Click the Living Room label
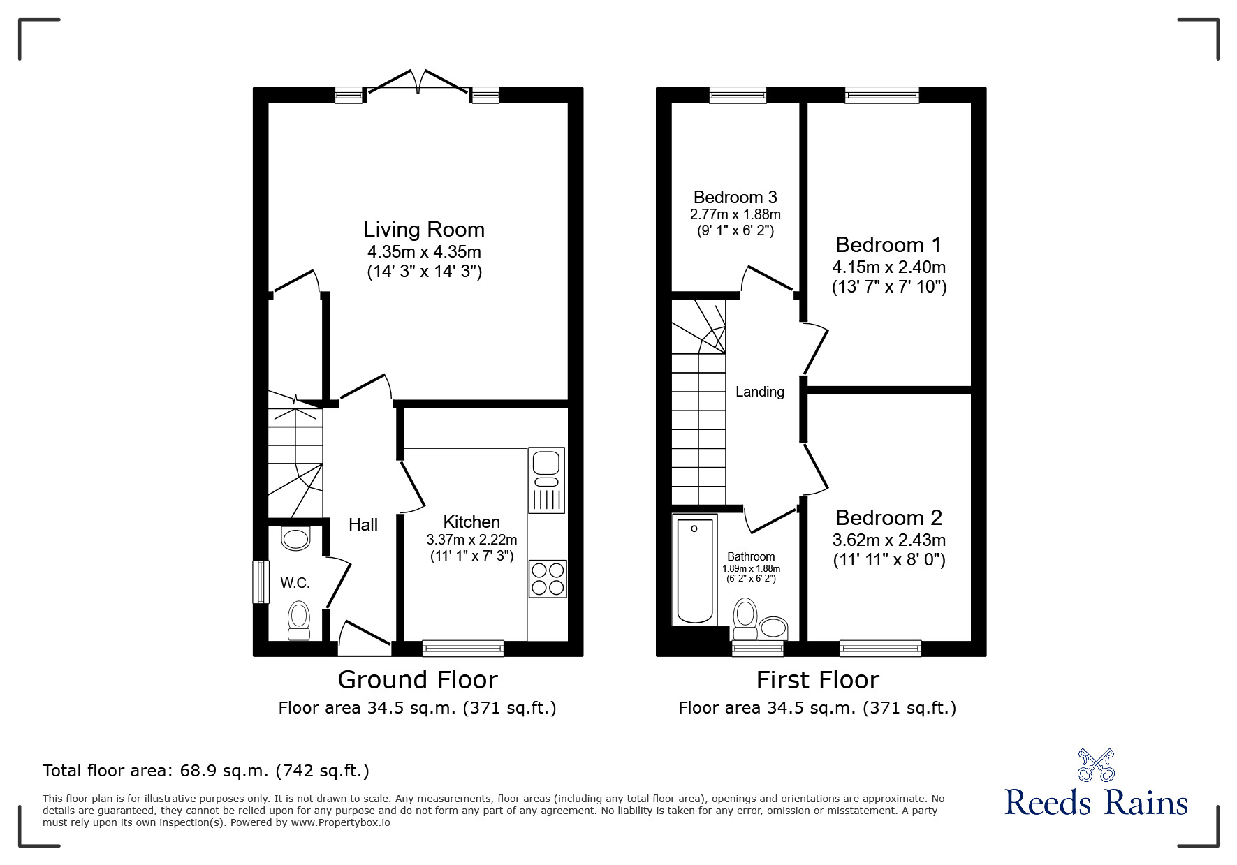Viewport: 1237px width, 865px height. pyautogui.click(x=423, y=230)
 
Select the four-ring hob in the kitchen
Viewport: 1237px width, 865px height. pyautogui.click(x=547, y=579)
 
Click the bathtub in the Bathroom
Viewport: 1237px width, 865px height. pyautogui.click(x=694, y=570)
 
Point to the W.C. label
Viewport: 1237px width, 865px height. pyautogui.click(x=295, y=583)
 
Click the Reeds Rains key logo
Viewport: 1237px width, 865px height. pyautogui.click(x=1096, y=765)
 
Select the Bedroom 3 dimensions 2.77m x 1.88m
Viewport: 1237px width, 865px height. pyautogui.click(x=735, y=214)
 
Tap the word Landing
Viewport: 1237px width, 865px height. pyautogui.click(x=759, y=392)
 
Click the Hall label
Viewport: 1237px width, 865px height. pyautogui.click(x=363, y=525)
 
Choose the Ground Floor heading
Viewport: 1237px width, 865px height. pyautogui.click(x=417, y=679)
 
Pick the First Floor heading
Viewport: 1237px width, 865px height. pyautogui.click(x=817, y=679)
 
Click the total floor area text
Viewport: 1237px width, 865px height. pyautogui.click(x=206, y=771)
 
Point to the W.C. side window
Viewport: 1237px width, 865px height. pyautogui.click(x=261, y=581)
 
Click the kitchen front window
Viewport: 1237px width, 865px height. pyautogui.click(x=463, y=649)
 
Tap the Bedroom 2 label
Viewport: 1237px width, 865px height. pyautogui.click(x=888, y=518)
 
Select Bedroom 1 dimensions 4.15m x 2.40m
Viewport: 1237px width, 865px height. pyautogui.click(x=888, y=267)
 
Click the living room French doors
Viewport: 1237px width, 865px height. pyautogui.click(x=418, y=82)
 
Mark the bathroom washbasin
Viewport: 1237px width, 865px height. pyautogui.click(x=773, y=627)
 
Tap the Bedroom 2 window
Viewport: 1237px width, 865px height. pyautogui.click(x=880, y=649)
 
